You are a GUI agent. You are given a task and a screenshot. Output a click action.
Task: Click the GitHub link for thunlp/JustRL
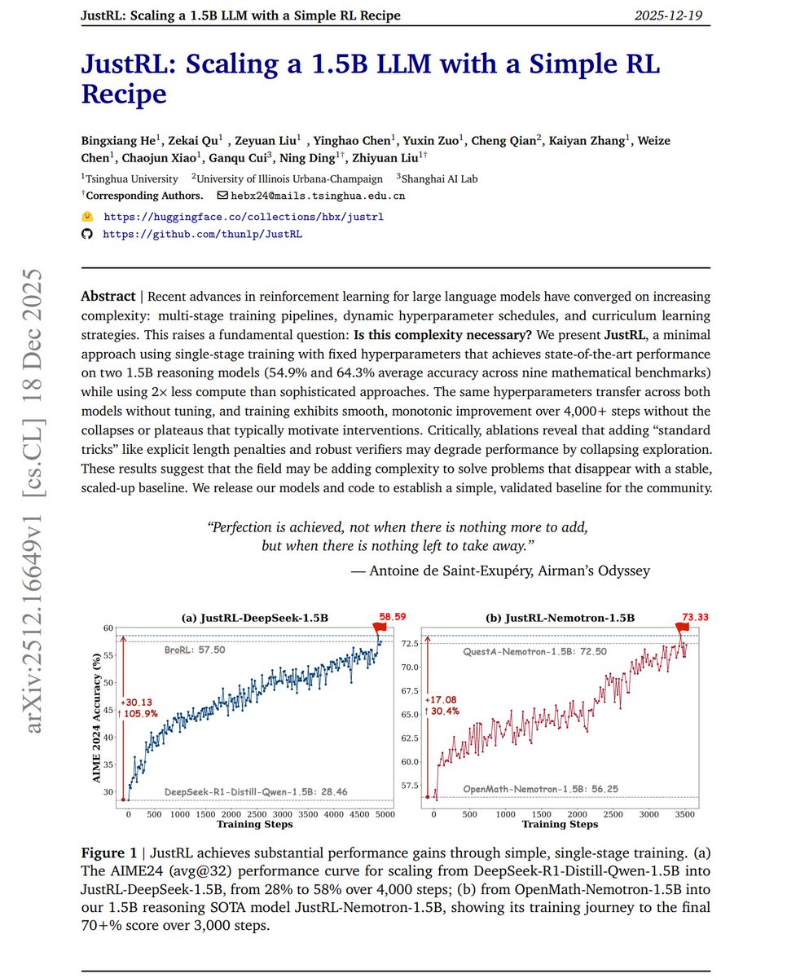tap(204, 234)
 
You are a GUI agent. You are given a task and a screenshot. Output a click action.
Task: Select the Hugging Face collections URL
tap(243, 218)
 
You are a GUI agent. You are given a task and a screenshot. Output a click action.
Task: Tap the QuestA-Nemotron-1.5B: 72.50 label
tap(534, 653)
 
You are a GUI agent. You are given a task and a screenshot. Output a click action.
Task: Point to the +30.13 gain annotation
tap(135, 702)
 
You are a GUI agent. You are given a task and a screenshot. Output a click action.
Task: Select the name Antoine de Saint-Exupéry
tap(451, 570)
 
